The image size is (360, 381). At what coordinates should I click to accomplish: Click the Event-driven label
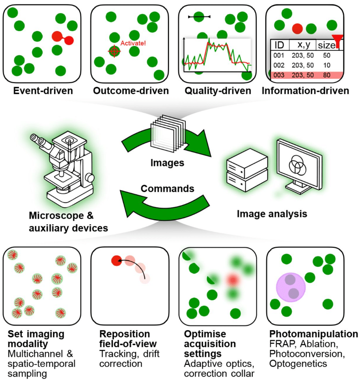[x=43, y=91]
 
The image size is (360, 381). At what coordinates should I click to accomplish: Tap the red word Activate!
[x=133, y=44]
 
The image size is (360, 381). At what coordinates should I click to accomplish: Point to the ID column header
[x=279, y=45]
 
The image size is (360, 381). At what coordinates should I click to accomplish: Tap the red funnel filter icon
[x=336, y=41]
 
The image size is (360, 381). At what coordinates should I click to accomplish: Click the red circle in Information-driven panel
[x=297, y=28]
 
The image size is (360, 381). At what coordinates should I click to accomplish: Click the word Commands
[x=168, y=189]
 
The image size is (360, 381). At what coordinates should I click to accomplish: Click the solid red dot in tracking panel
[x=116, y=260]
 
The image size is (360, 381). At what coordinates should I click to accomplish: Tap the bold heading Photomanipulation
[x=314, y=334]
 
